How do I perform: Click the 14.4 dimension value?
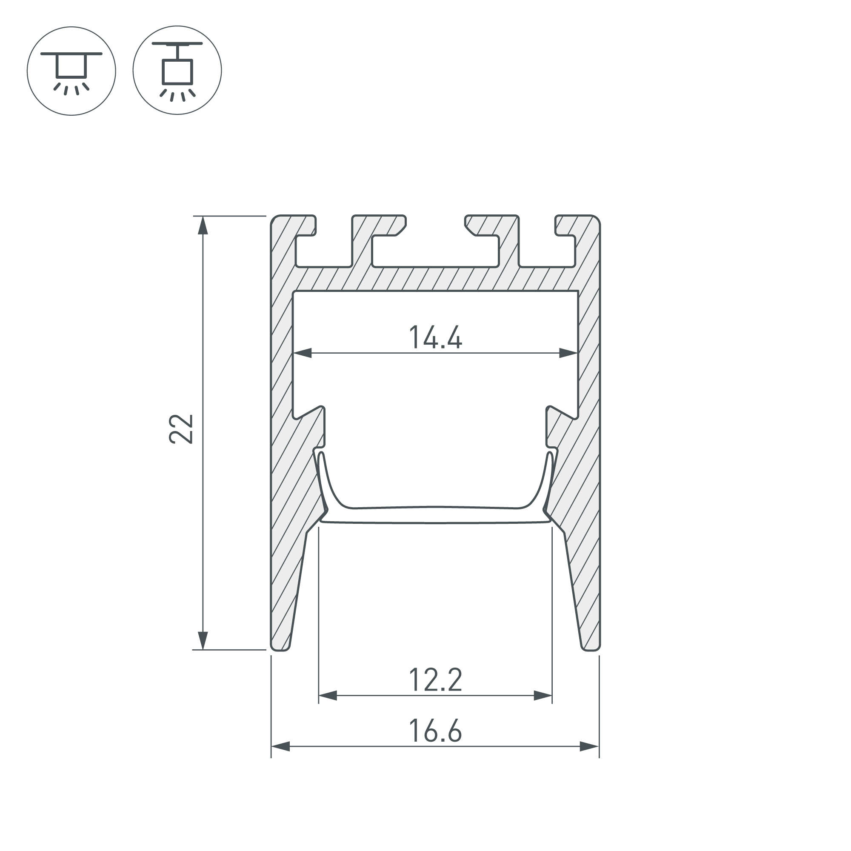435,337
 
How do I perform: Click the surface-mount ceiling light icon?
71,71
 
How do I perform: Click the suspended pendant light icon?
177,71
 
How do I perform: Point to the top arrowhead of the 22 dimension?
203,226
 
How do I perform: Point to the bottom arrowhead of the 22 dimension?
203,640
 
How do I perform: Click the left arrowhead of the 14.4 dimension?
303,353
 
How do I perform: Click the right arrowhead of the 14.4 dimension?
568,353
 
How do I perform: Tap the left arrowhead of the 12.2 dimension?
328,696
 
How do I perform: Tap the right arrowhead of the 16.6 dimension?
589,746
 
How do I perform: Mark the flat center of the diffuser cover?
435,515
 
